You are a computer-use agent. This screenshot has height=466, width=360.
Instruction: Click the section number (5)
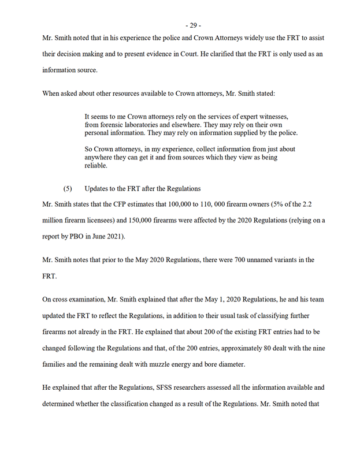click(x=68, y=189)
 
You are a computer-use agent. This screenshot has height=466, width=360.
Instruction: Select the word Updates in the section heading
click(x=98, y=189)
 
